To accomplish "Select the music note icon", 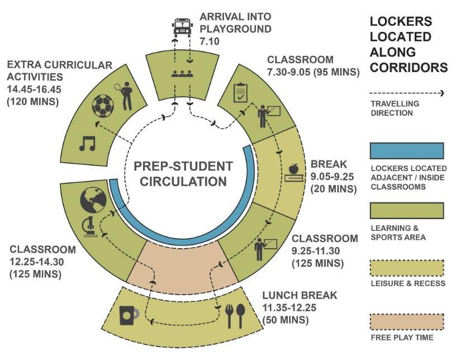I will tap(87, 144).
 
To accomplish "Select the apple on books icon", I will tap(293, 172).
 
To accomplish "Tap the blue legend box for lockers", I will tap(407, 151).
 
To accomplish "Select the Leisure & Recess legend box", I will tap(407, 268).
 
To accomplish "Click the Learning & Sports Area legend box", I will tap(407, 210).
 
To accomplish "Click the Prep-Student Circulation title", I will tap(183, 174).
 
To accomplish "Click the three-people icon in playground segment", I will tap(183, 73).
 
